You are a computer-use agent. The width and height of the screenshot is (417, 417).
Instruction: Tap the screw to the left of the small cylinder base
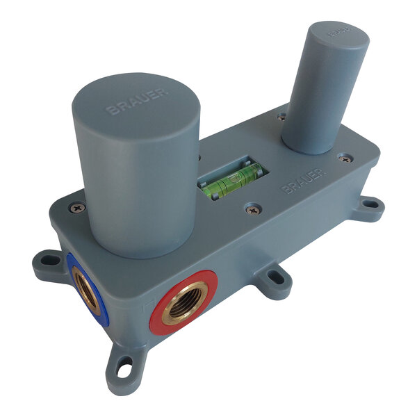pyautogui.click(x=281, y=117)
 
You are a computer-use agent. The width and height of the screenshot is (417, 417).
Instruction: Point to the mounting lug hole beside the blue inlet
pyautogui.click(x=49, y=261)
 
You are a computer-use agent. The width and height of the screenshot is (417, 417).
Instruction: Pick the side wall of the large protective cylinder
pyautogui.click(x=139, y=195)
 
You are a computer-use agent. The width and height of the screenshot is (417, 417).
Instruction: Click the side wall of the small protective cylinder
pyautogui.click(x=320, y=104)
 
